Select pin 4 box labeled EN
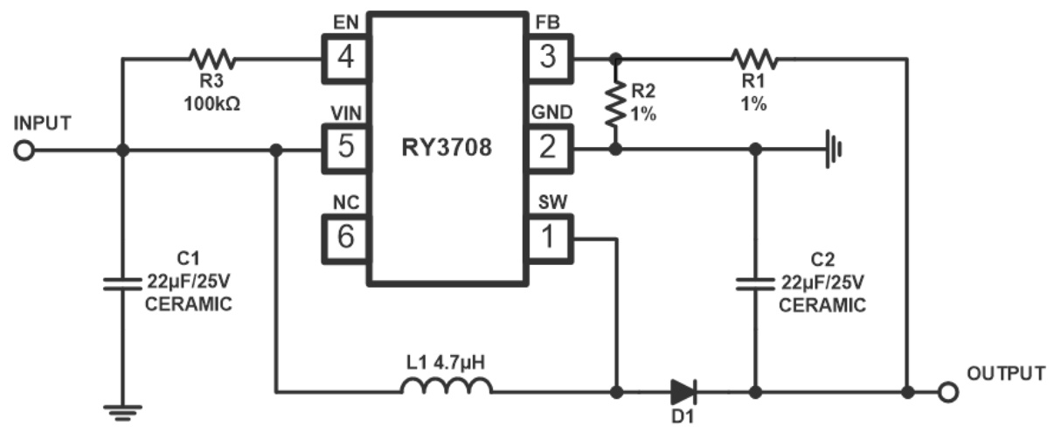[x=346, y=59]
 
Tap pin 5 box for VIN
[x=346, y=148]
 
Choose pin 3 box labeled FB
[x=548, y=59]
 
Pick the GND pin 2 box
[x=548, y=148]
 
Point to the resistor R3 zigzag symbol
[x=211, y=59]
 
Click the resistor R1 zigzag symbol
[x=754, y=59]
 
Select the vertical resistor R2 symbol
[x=616, y=103]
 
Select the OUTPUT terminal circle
[x=946, y=392]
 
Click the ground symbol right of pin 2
[x=834, y=150]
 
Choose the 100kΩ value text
[x=211, y=102]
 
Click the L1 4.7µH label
[x=447, y=360]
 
